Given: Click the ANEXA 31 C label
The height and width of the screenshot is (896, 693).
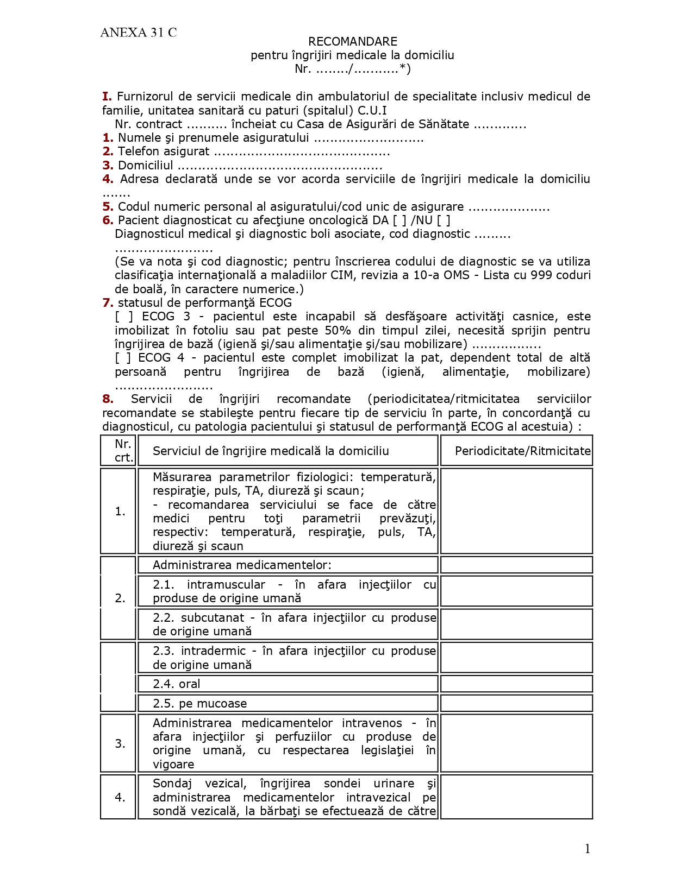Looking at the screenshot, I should coord(138,33).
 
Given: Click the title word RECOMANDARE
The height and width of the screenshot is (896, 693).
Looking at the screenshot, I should coord(353,41).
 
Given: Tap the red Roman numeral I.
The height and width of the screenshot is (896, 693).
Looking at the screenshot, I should coord(107,97).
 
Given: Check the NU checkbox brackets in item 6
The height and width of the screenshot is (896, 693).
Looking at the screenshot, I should coord(444,220).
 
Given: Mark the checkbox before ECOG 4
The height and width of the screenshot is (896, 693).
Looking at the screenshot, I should coord(123,358).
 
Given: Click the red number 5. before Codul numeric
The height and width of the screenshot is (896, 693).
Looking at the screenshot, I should coord(108,207).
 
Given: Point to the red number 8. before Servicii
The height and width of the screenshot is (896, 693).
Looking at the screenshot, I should coord(108,399).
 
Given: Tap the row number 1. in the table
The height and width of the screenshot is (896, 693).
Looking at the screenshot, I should coord(120,512).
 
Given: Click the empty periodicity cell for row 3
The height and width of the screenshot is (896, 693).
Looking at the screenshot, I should coord(516,743).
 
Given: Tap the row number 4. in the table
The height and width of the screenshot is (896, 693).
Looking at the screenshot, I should coord(120,797).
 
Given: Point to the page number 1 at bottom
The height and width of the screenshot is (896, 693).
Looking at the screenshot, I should coord(587,849).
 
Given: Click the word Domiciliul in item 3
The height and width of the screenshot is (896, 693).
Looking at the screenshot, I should coord(145,166).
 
